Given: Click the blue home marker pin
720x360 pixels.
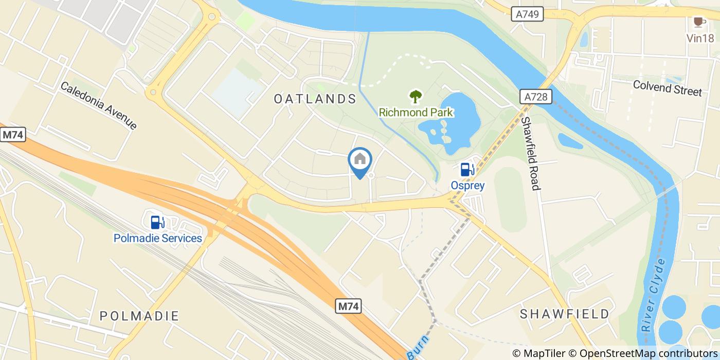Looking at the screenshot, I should click(x=360, y=160).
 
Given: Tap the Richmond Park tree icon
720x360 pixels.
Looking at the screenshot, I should click(x=416, y=96).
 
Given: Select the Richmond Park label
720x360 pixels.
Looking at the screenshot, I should click(x=416, y=112).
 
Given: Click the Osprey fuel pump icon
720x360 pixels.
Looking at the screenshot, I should click(x=466, y=169).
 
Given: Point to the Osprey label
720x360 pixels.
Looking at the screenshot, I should click(x=467, y=185).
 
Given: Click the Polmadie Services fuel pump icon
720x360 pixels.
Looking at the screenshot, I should click(x=157, y=222).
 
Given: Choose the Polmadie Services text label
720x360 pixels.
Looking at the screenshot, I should click(x=157, y=238).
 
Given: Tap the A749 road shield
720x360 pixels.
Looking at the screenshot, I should click(x=528, y=14).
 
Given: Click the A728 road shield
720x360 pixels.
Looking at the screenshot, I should click(x=535, y=97).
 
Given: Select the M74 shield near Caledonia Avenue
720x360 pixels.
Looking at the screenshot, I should click(x=13, y=135).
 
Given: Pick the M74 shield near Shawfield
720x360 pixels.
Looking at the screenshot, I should click(x=349, y=307).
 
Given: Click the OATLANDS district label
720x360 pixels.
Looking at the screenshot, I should click(x=315, y=99).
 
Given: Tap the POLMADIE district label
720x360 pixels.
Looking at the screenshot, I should click(x=139, y=315).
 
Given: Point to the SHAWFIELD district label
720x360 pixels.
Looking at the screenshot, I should click(x=564, y=314).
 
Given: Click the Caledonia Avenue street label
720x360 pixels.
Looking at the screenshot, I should click(x=99, y=105).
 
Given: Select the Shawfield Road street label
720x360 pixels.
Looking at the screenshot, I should click(x=530, y=153).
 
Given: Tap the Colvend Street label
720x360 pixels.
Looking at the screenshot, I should click(x=667, y=88).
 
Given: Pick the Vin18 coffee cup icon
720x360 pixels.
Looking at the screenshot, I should click(x=698, y=22).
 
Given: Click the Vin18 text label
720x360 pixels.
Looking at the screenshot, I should click(x=700, y=38).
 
